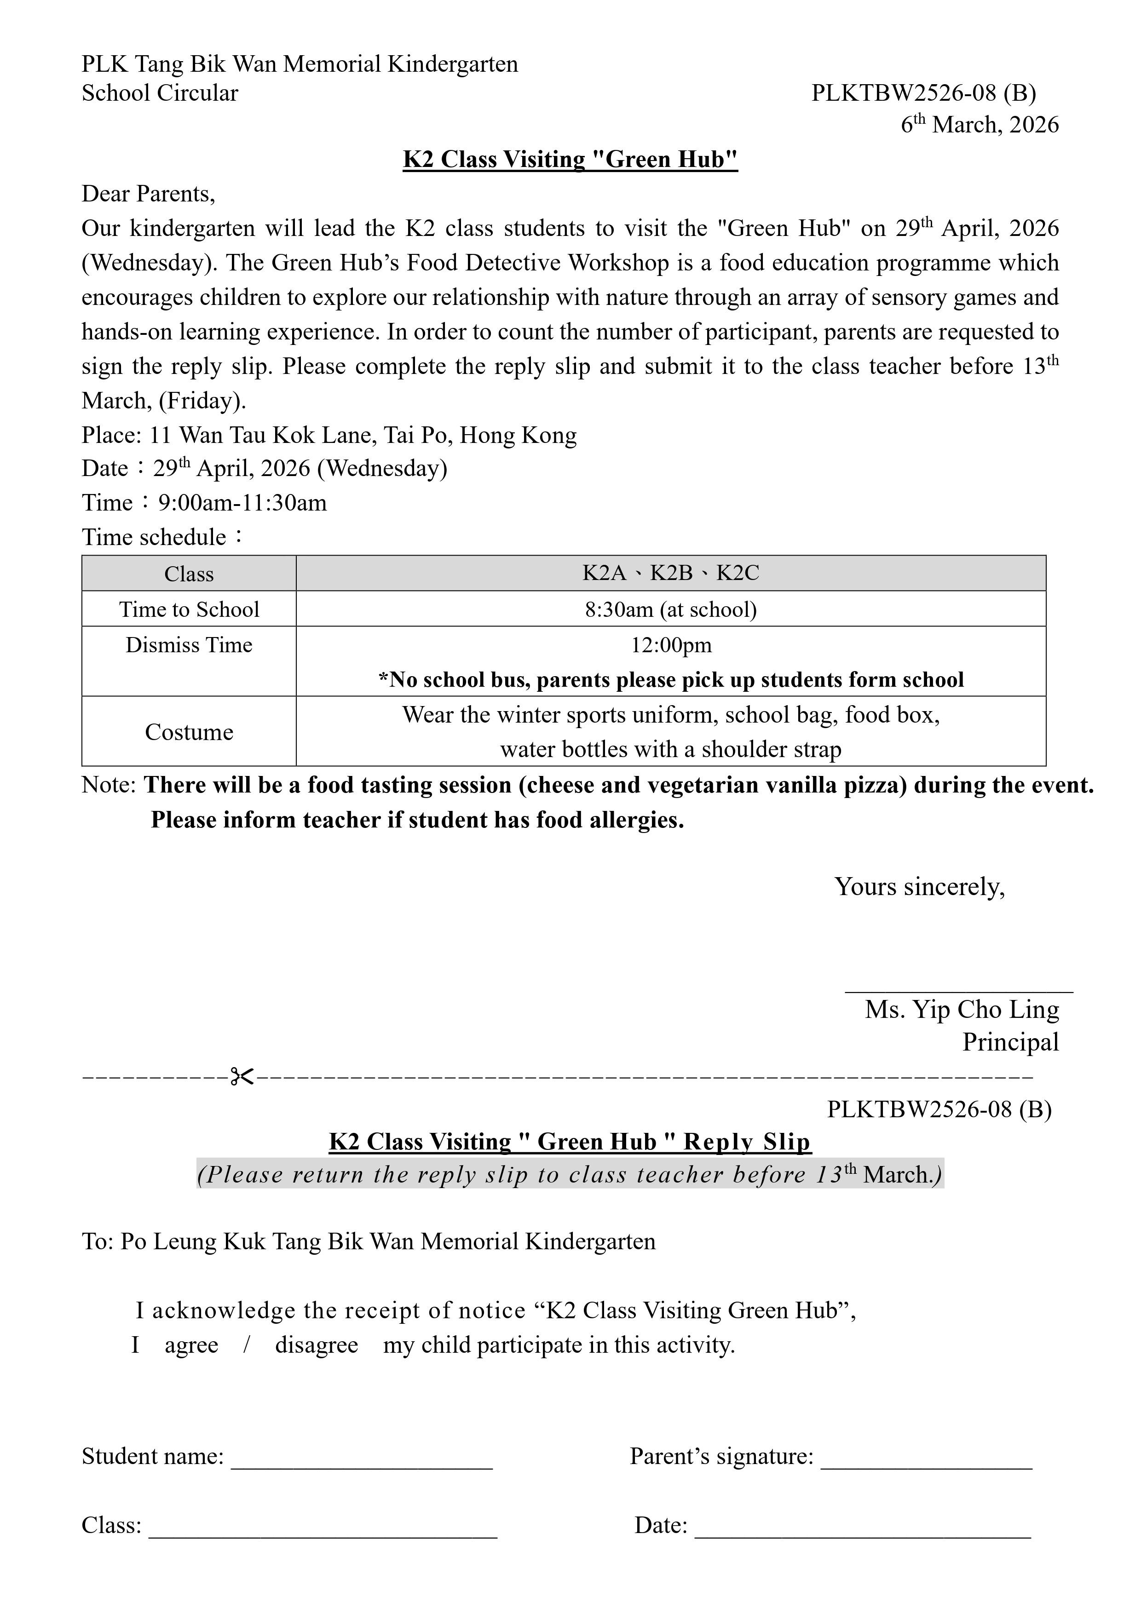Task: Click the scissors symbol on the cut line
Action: pyautogui.click(x=242, y=1076)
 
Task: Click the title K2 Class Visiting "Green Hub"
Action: pyautogui.click(x=570, y=160)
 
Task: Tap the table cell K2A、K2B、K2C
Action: pyautogui.click(x=671, y=574)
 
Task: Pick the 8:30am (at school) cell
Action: pyautogui.click(x=671, y=609)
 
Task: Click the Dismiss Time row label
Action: pyautogui.click(x=189, y=644)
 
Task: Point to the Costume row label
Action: pyautogui.click(x=189, y=732)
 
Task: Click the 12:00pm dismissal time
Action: pyautogui.click(x=671, y=644)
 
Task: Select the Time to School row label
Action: pyautogui.click(x=189, y=609)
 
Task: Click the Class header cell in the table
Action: pyautogui.click(x=189, y=574)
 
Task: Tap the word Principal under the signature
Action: pyautogui.click(x=1010, y=1042)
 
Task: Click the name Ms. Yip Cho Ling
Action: pyautogui.click(x=961, y=1010)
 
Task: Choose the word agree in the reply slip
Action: pyautogui.click(x=191, y=1345)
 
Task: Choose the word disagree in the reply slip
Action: pyautogui.click(x=317, y=1345)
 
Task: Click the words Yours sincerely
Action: pyautogui.click(x=920, y=887)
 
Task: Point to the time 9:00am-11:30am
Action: pyautogui.click(x=242, y=503)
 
